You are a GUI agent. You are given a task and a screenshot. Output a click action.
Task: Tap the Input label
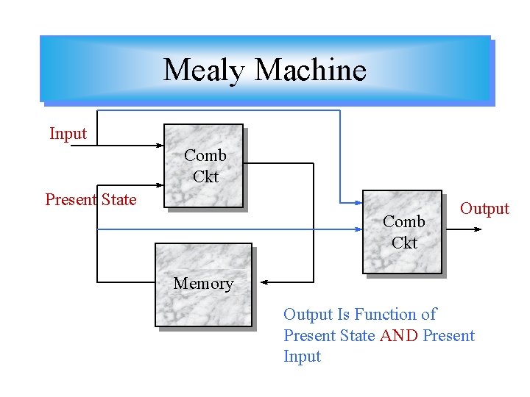68,134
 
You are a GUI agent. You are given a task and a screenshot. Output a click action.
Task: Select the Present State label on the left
91,199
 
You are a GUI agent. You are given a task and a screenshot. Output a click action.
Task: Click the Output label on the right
484,208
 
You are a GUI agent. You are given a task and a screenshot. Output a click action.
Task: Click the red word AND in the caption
398,336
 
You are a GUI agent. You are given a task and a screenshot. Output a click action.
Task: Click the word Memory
203,284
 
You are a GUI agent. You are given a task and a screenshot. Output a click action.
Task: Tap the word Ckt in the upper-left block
205,176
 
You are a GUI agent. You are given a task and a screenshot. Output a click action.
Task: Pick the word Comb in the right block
403,221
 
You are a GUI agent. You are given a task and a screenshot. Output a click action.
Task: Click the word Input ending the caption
302,357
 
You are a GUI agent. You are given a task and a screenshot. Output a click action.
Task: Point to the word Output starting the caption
308,315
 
